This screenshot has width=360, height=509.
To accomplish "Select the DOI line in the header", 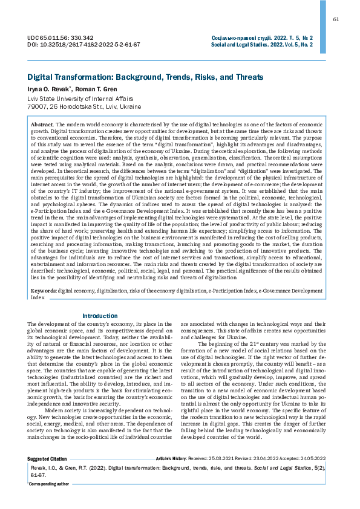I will click(x=84, y=45).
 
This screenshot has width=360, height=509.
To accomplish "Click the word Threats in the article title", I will click(x=246, y=77).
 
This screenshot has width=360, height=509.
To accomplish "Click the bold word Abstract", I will click(x=42, y=123).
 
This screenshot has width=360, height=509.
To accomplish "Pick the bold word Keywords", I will click(x=44, y=291).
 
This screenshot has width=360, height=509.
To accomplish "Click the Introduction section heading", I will click(x=100, y=316).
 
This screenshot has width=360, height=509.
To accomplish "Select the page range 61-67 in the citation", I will click(x=38, y=491).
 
